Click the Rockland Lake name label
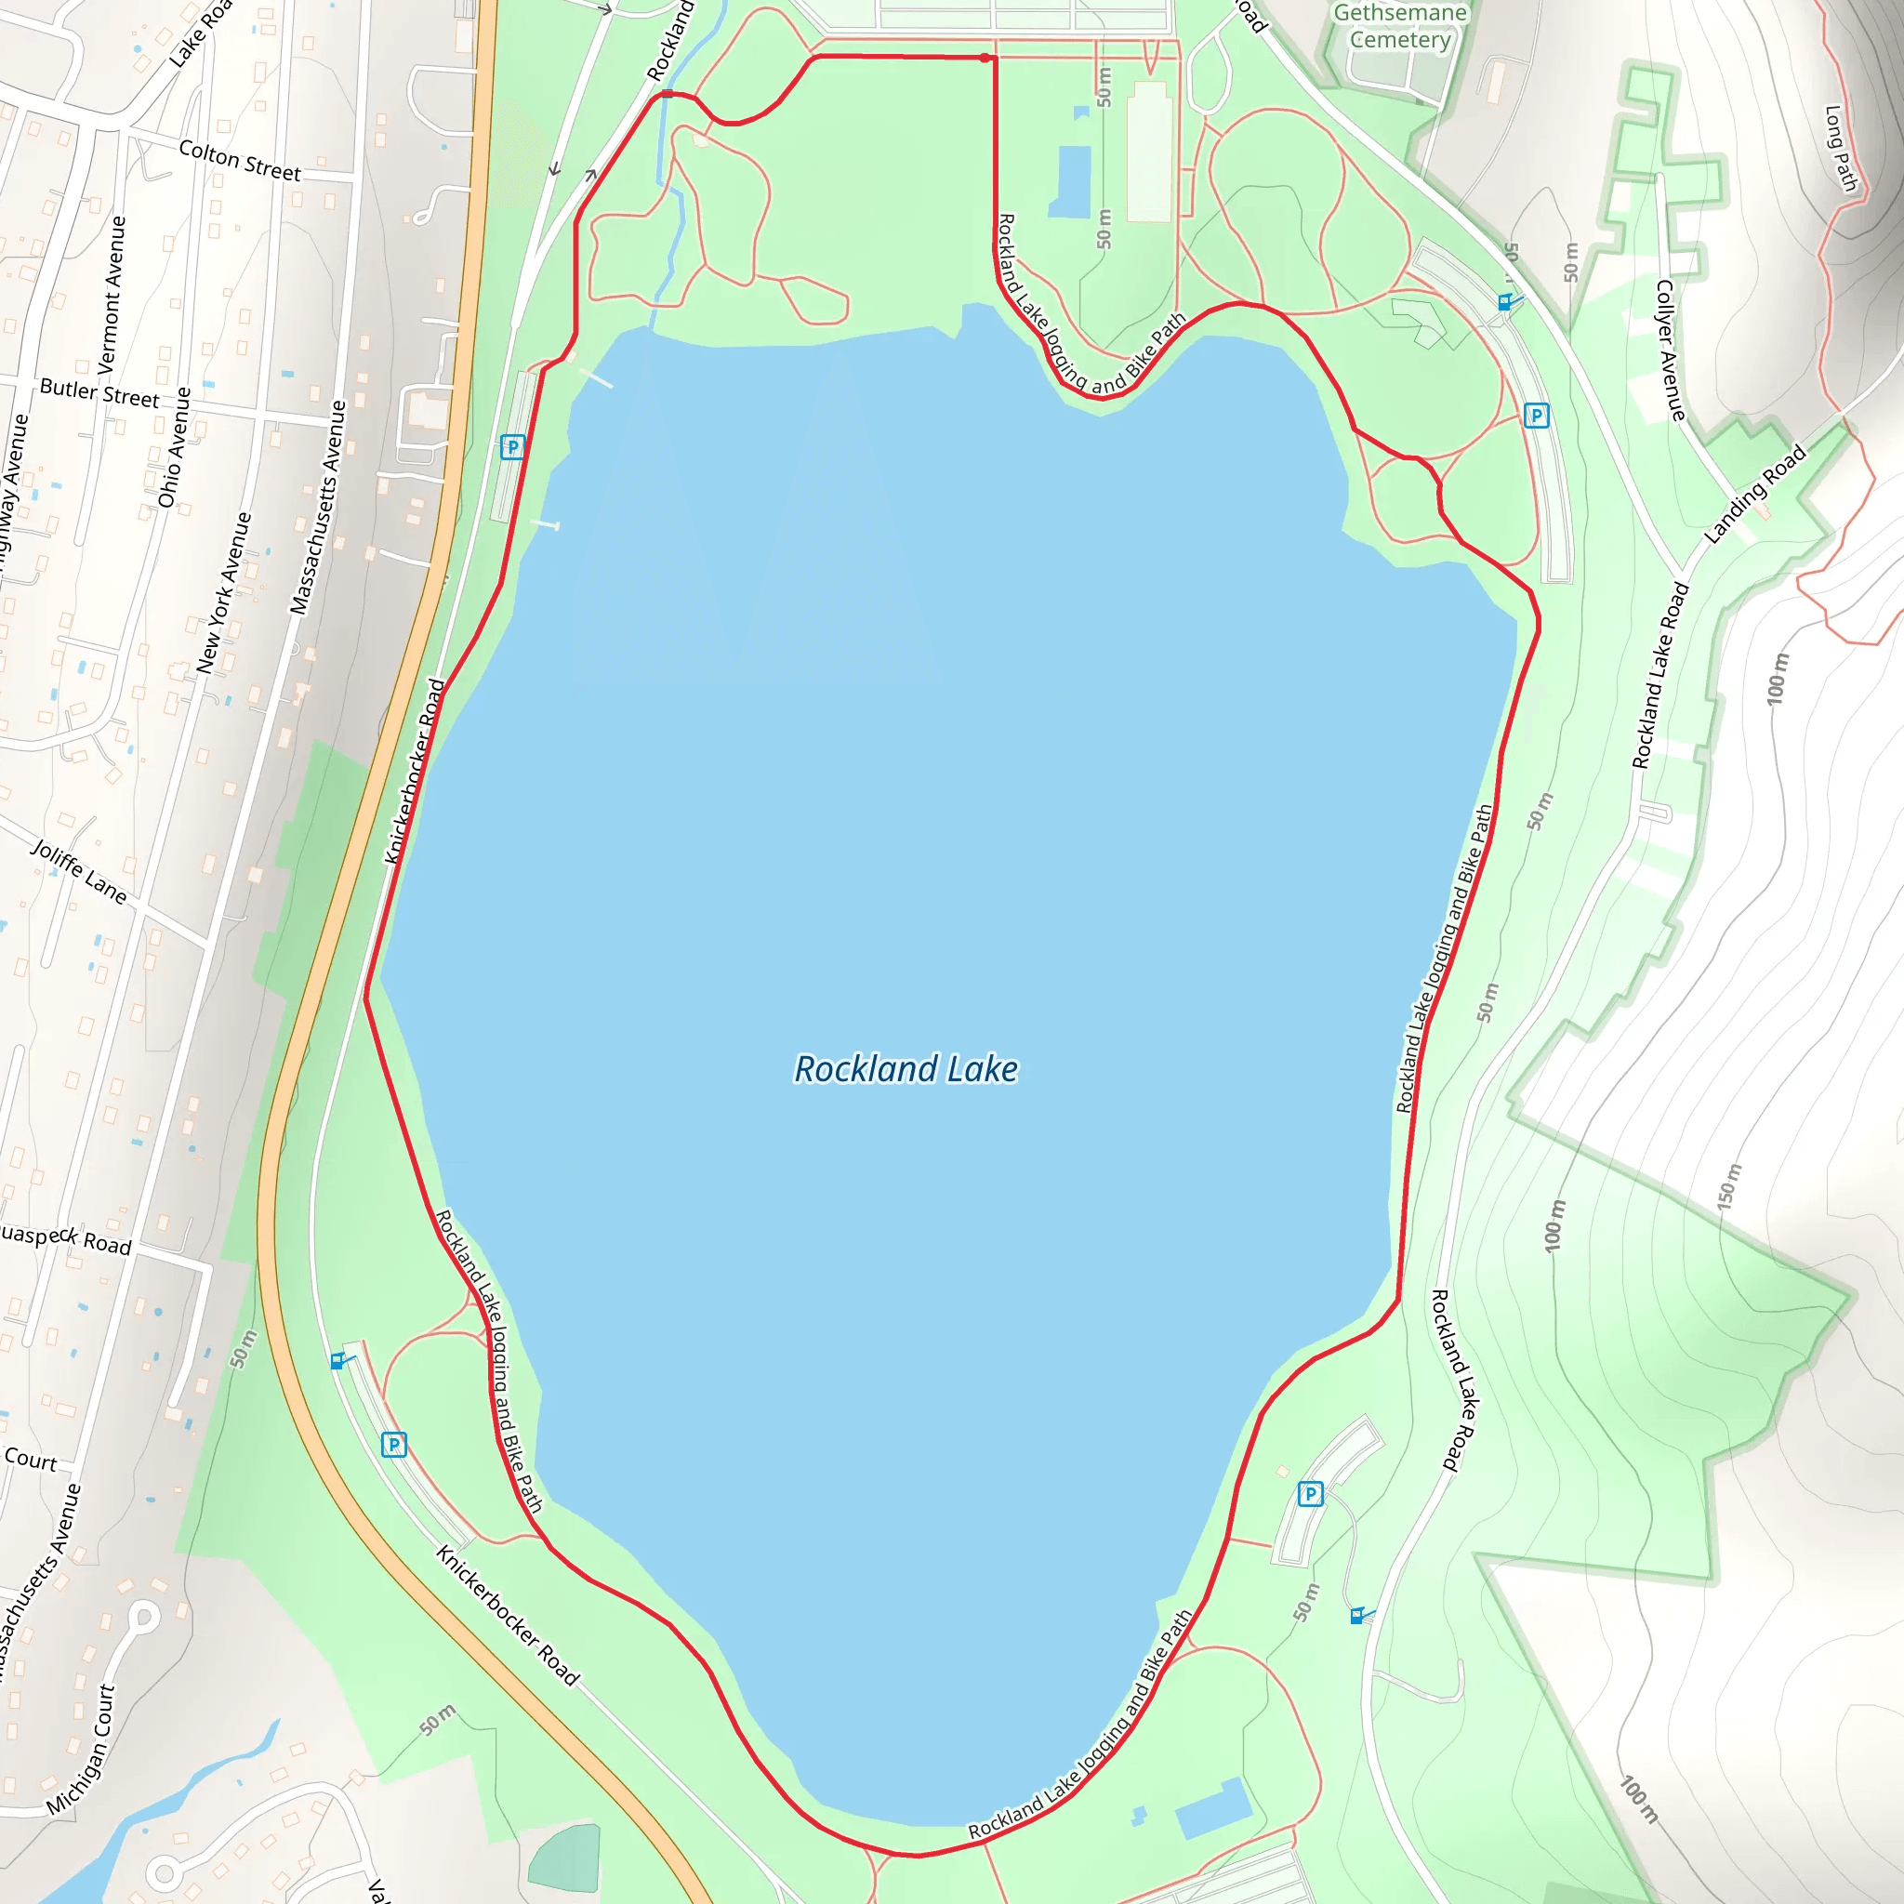pos(906,1069)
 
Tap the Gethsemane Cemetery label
pos(1399,27)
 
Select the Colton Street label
pos(240,161)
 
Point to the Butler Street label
pos(99,393)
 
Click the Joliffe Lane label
pos(80,871)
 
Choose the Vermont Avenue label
pos(112,294)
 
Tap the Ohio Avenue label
pos(175,448)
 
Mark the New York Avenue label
pos(224,592)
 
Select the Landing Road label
pos(1755,494)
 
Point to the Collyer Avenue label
pos(1672,350)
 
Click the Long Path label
pos(1840,148)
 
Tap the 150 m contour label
pos(1729,1186)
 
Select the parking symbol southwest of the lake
pos(394,1445)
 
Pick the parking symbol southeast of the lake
pos(1310,1494)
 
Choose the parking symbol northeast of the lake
pos(1536,416)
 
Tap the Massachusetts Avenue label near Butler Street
pos(318,509)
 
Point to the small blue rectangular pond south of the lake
pos(1213,1808)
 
